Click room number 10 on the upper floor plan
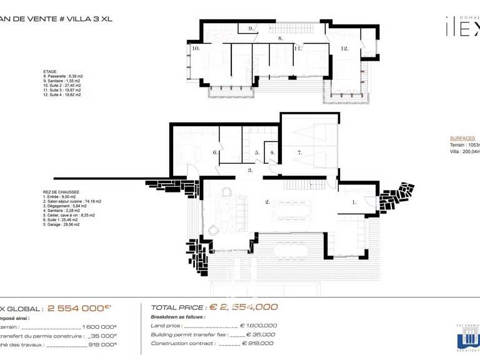[x=196, y=48]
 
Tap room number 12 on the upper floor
[x=344, y=48]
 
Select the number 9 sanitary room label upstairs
[x=251, y=29]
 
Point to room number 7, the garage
[x=300, y=152]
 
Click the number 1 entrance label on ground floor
[x=354, y=202]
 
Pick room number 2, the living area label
[x=267, y=202]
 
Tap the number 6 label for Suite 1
[x=214, y=152]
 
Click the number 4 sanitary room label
[x=272, y=152]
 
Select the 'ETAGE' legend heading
[x=50, y=72]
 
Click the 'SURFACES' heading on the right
[x=462, y=138]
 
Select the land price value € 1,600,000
[x=258, y=326]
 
